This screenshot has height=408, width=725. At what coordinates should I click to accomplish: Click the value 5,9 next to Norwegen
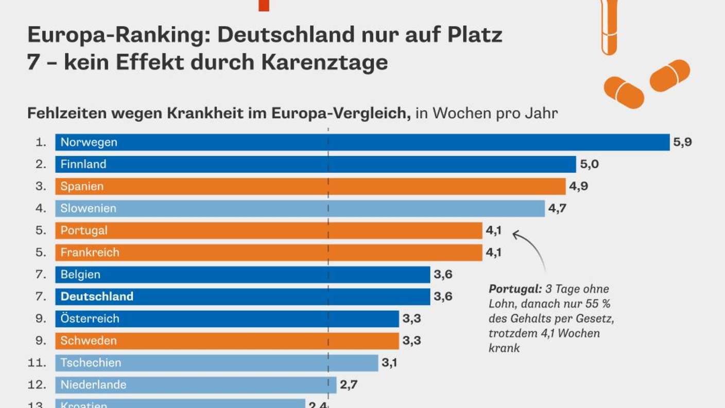pyautogui.click(x=682, y=142)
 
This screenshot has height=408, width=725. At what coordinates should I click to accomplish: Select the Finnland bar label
pyautogui.click(x=83, y=164)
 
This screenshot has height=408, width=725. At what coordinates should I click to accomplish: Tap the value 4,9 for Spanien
pyautogui.click(x=578, y=186)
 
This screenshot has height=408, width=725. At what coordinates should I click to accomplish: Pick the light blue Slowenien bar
pyautogui.click(x=300, y=208)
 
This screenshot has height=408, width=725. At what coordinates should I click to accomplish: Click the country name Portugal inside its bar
pyautogui.click(x=84, y=231)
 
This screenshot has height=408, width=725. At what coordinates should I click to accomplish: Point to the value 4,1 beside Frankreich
pyautogui.click(x=494, y=252)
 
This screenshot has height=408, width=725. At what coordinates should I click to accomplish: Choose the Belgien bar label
pyautogui.click(x=80, y=275)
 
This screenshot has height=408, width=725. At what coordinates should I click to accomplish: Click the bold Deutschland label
pyautogui.click(x=97, y=296)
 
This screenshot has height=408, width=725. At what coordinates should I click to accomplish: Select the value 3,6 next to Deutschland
pyautogui.click(x=443, y=296)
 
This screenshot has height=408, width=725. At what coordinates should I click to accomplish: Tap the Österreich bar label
pyautogui.click(x=90, y=318)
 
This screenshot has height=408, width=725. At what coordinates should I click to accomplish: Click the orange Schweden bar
pyautogui.click(x=227, y=341)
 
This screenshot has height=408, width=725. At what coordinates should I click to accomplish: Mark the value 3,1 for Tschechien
pyautogui.click(x=389, y=363)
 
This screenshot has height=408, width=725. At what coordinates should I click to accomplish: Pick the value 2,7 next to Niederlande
pyautogui.click(x=349, y=385)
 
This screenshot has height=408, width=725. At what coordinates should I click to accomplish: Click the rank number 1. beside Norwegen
pyautogui.click(x=41, y=142)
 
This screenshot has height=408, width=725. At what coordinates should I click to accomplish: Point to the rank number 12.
pyautogui.click(x=37, y=385)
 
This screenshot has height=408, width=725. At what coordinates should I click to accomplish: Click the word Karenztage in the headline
pyautogui.click(x=324, y=62)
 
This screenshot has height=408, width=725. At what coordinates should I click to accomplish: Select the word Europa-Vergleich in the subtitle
pyautogui.click(x=341, y=113)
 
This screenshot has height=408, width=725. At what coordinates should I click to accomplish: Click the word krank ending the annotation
pyautogui.click(x=504, y=348)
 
